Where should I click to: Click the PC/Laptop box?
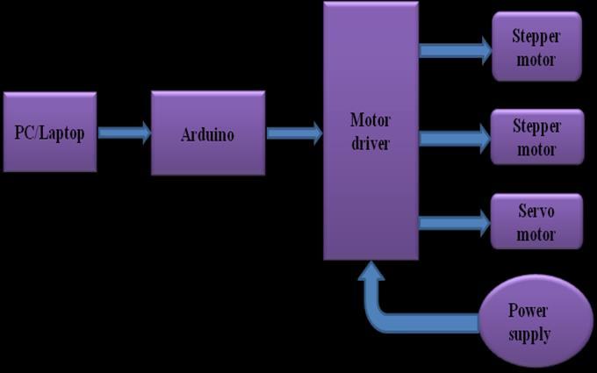pos(50,132)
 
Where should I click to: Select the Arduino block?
pos(208,133)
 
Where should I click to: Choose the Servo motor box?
pos(536,221)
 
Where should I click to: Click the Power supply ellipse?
pos(535,322)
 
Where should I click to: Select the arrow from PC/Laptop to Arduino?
pos(124,133)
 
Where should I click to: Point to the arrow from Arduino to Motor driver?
pos(294,133)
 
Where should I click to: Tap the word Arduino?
pos(208,135)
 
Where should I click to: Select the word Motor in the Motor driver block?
pos(370,120)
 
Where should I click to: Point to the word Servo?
pos(536,212)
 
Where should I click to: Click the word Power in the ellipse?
pos(529,311)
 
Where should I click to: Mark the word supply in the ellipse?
pos(529,334)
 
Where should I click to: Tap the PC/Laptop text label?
pos(50,133)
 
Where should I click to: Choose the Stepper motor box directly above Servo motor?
pos(536,137)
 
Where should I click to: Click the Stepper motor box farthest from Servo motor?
pos(536,47)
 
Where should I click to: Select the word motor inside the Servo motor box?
pos(536,234)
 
